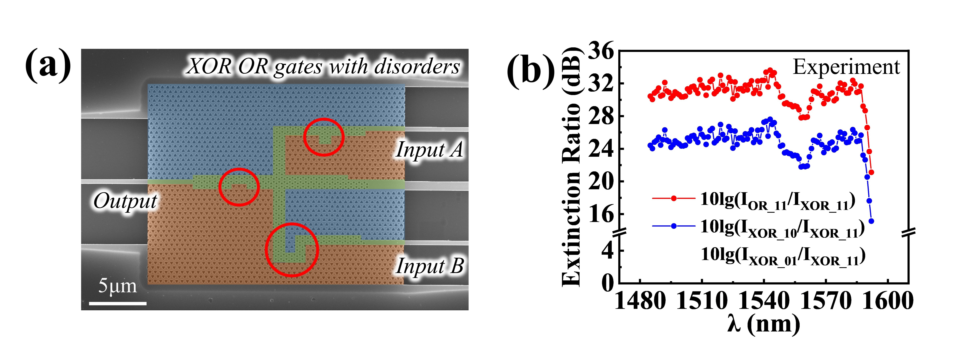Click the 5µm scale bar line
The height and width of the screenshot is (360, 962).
[x=118, y=303]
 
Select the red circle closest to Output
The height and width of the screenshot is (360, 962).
[x=239, y=187]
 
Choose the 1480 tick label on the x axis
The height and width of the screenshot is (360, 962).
[x=640, y=301]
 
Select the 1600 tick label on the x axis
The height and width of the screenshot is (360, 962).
[x=888, y=301]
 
